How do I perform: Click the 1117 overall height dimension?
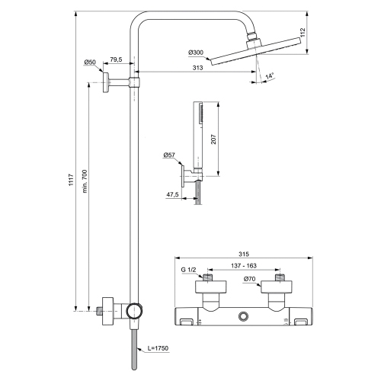pos(72,180)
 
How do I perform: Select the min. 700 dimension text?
pos(85,181)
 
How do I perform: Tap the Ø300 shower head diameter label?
pos(196,53)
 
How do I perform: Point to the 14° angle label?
pos(270,76)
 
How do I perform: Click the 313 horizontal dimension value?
pos(198,68)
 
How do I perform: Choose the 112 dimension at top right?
pos(303,33)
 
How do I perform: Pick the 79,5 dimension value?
pos(116,59)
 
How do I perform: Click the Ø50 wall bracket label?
pos(90,62)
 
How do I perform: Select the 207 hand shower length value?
pos(213,139)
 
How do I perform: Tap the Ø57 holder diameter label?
pos(169,155)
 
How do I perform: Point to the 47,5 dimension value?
pos(172,194)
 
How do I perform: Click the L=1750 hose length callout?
pos(158,348)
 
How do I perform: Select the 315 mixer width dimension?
pos(244,254)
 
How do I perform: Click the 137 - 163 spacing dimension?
pos(244,266)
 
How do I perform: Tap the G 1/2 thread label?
pos(188,270)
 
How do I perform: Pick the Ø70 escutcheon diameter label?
pos(249,279)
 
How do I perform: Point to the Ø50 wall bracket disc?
pos(106,82)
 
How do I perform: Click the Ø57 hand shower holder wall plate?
pos(182,176)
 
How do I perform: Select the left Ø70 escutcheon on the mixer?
pos(210,287)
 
